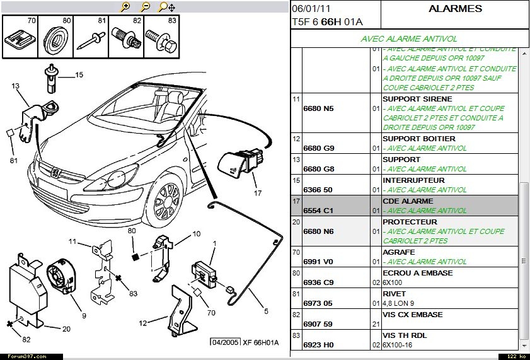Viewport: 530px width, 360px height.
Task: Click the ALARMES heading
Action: pyautogui.click(x=455, y=9)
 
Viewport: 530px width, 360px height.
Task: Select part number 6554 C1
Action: pyautogui.click(x=320, y=211)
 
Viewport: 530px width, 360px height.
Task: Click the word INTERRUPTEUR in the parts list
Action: pyautogui.click(x=409, y=180)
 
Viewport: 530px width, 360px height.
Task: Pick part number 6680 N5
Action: pyautogui.click(x=319, y=108)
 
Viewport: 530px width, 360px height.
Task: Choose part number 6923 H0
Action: pyautogui.click(x=320, y=345)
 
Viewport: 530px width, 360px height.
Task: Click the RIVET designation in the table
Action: pyautogui.click(x=395, y=294)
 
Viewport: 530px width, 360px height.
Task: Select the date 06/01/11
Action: pyautogui.click(x=311, y=9)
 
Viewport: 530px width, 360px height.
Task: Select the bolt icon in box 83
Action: pyautogui.click(x=163, y=42)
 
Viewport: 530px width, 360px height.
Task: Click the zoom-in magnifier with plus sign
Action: pyautogui.click(x=125, y=7)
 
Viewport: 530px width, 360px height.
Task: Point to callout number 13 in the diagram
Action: pyautogui.click(x=15, y=86)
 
